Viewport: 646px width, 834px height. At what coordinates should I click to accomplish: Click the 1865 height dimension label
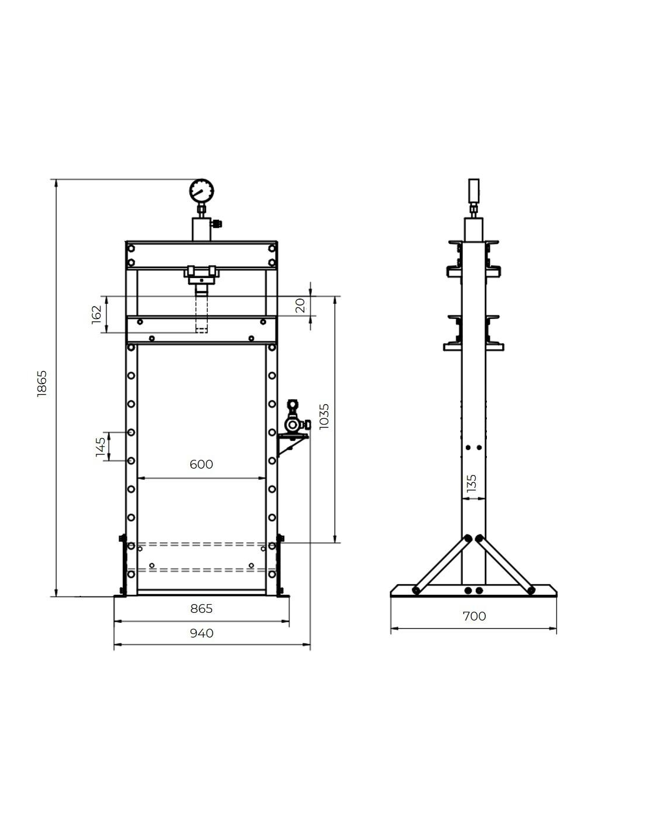coord(42,383)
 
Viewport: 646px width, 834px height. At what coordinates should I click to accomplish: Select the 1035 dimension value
coord(324,416)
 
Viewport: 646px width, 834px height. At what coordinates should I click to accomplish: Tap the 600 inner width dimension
coord(201,465)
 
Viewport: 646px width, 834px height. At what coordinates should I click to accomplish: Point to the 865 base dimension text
coord(201,609)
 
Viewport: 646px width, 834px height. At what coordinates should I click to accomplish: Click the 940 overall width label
coord(201,633)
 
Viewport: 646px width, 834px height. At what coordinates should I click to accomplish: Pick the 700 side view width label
coord(474,616)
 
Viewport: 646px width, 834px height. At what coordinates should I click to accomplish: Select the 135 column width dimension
coord(471,483)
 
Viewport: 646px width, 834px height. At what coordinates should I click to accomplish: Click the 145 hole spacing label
coord(100,447)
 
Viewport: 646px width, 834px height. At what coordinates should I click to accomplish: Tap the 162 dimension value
coord(96,315)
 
